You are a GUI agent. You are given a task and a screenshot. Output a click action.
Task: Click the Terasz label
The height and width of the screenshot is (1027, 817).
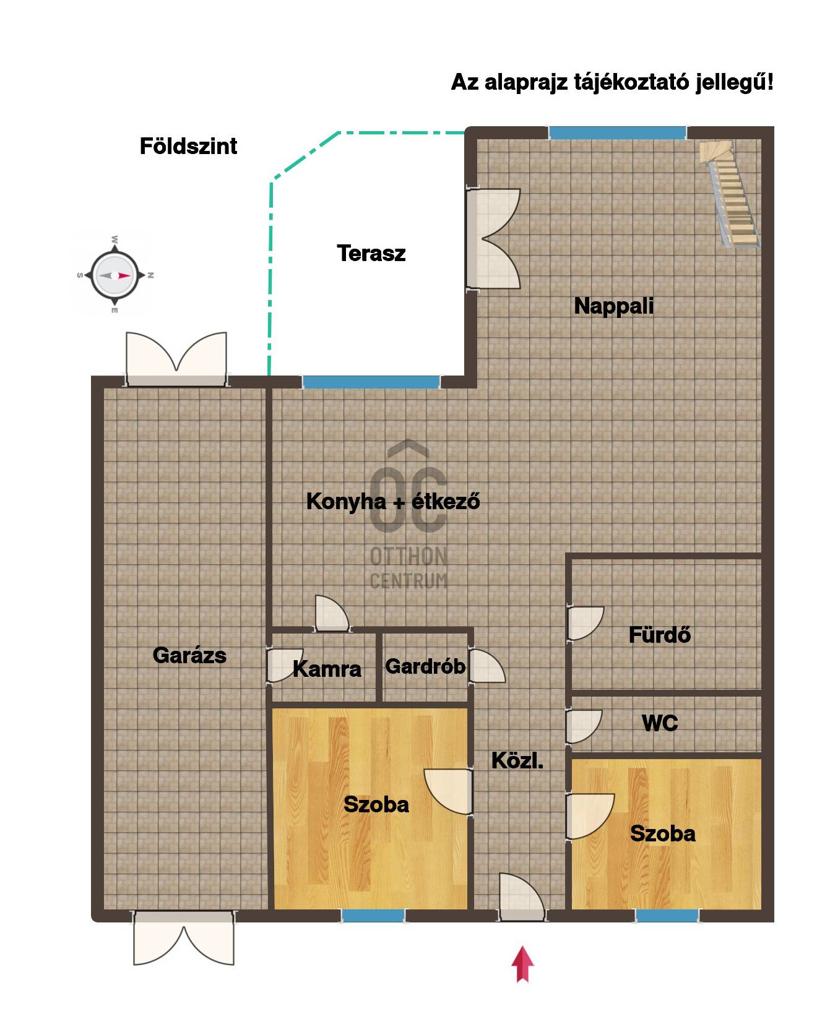click(x=371, y=253)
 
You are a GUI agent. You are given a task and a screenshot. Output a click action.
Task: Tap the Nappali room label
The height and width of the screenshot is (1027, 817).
click(x=614, y=306)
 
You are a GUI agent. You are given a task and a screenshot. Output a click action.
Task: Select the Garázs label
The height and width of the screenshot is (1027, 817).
click(x=189, y=655)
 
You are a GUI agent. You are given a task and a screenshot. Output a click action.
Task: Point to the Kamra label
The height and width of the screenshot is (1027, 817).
click(x=327, y=669)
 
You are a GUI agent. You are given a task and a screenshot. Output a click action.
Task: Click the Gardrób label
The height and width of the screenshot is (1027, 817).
click(x=425, y=666)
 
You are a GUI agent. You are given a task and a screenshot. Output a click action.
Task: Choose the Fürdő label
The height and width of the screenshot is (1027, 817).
click(x=660, y=635)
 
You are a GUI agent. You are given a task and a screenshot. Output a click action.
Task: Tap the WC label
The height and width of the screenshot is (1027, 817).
click(x=660, y=723)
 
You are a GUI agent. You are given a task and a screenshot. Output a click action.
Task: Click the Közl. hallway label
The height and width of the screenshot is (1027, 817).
click(x=517, y=760)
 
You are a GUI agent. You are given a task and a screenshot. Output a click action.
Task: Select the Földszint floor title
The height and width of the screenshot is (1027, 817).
click(x=189, y=146)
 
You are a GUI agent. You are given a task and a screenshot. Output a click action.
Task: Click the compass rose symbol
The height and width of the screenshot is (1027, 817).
click(x=113, y=275)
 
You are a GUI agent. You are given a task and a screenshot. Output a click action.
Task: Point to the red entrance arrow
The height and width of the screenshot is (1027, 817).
click(x=523, y=964)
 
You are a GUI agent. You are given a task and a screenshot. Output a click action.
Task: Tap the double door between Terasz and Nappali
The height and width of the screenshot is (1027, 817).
click(x=493, y=238)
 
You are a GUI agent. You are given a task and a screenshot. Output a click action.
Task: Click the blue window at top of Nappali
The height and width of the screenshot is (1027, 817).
click(x=618, y=132)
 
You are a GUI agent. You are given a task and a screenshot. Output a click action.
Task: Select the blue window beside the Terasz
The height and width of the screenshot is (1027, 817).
click(x=371, y=382)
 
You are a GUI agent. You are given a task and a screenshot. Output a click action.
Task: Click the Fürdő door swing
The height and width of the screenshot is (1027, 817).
click(x=586, y=624)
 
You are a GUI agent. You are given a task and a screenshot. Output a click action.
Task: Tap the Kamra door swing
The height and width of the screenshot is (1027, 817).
click(x=285, y=665)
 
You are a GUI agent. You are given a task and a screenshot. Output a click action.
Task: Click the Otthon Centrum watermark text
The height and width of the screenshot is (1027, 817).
click(x=408, y=568)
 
